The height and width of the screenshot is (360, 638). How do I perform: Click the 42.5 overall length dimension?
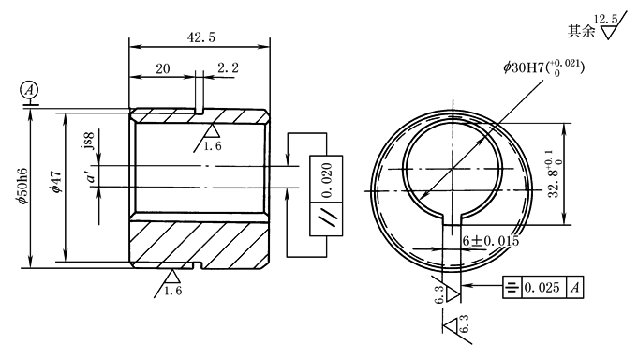click(201, 37)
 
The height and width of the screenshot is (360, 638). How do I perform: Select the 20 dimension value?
click(163, 68)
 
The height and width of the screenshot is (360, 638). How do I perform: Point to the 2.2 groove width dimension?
click(228, 67)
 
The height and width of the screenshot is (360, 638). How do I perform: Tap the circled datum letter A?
click(29, 90)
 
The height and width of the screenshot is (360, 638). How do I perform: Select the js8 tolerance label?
click(89, 141)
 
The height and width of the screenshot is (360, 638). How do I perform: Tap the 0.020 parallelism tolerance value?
click(326, 180)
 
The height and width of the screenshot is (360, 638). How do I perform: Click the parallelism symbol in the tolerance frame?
click(327, 218)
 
